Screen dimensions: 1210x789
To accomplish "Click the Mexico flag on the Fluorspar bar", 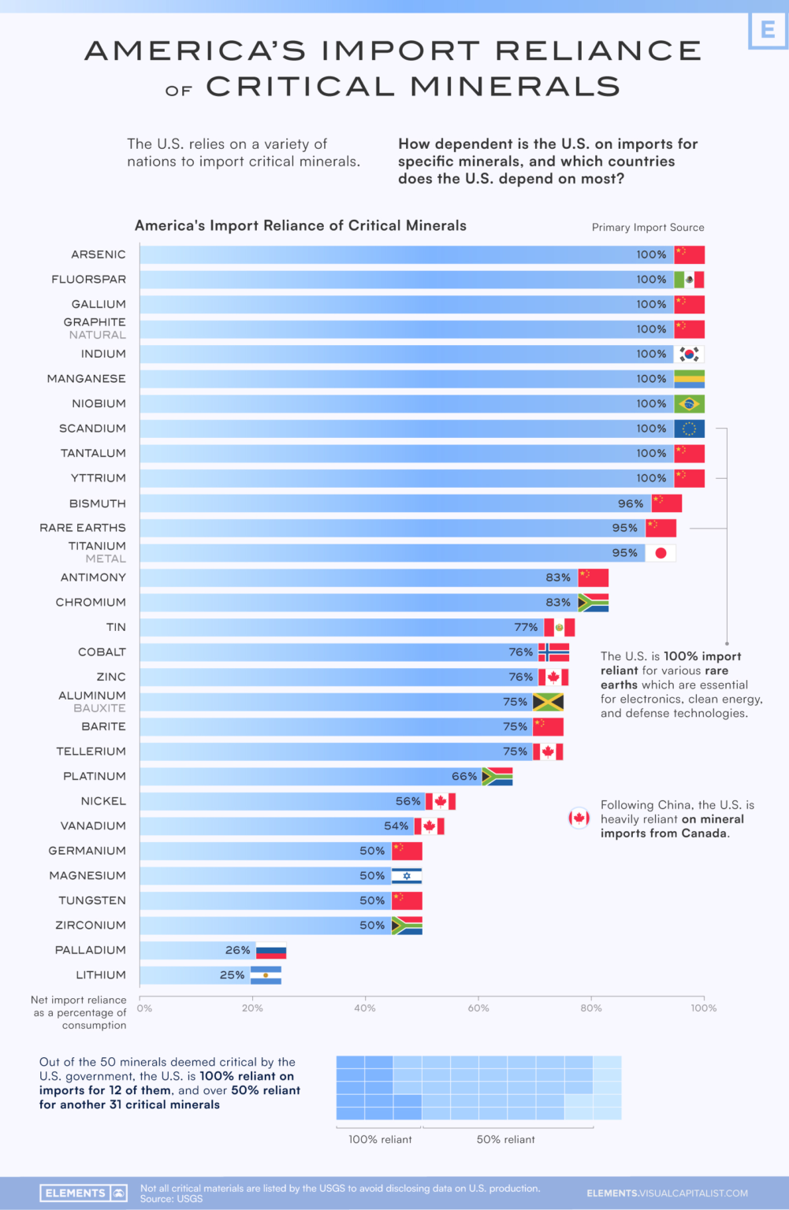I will pyautogui.click(x=689, y=280).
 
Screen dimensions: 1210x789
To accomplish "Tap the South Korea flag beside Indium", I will pyautogui.click(x=689, y=354).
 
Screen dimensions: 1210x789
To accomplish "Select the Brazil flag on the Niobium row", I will pyautogui.click(x=689, y=404).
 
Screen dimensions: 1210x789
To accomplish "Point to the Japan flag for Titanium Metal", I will pyautogui.click(x=661, y=553).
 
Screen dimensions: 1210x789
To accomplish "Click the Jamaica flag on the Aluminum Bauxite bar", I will pyautogui.click(x=548, y=702).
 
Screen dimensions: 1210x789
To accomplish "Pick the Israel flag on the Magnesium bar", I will pyautogui.click(x=407, y=876).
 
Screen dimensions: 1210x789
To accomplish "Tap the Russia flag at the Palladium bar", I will pyautogui.click(x=271, y=951).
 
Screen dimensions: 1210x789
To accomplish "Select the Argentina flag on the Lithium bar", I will pyautogui.click(x=266, y=975).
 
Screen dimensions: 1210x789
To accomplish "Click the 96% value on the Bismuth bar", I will pyautogui.click(x=631, y=503).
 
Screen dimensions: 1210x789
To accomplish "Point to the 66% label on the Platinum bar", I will pyautogui.click(x=464, y=777).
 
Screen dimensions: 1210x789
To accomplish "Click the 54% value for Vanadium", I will pyautogui.click(x=396, y=826).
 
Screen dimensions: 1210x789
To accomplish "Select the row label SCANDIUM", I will pyautogui.click(x=92, y=429).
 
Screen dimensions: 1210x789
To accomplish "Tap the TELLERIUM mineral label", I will pyautogui.click(x=91, y=752).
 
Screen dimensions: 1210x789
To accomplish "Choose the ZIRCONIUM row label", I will pyautogui.click(x=91, y=926).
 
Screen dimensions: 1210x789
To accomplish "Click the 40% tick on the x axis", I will pyautogui.click(x=365, y=1008).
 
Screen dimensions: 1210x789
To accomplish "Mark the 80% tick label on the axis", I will pyautogui.click(x=591, y=1008).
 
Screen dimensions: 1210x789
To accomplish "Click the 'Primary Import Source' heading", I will pyautogui.click(x=648, y=228).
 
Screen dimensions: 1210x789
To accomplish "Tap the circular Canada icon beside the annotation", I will pyautogui.click(x=579, y=818).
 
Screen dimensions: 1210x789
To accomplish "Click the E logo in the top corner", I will pyautogui.click(x=767, y=30).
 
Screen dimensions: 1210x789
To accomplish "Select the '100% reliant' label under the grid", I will pyautogui.click(x=380, y=1140).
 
